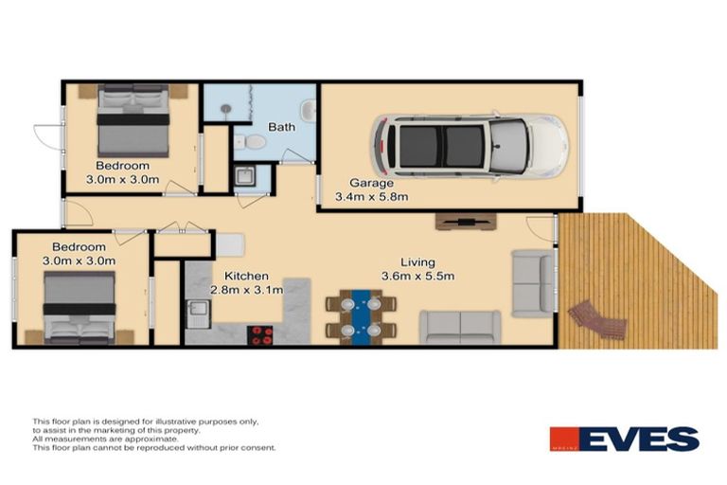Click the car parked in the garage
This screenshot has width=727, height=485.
click(470, 147)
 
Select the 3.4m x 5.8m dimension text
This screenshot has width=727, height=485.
click(372, 198)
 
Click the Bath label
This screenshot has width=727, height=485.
click(281, 127)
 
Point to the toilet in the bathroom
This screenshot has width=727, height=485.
click(251, 142)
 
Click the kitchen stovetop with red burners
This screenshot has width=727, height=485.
click(260, 333)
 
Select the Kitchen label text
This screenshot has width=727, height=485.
click(233, 276)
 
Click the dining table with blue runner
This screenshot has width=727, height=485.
click(361, 316)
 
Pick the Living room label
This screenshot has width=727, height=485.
click(417, 262)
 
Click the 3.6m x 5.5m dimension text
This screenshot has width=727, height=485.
click(417, 277)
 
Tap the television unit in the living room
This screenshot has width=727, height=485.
click(465, 223)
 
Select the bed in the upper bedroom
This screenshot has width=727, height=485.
click(133, 120)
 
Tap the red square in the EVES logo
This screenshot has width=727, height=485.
click(566, 440)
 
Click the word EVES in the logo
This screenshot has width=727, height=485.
click(641, 440)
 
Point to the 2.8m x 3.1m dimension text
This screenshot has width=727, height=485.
click(246, 291)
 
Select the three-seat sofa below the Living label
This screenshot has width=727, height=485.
click(460, 327)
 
